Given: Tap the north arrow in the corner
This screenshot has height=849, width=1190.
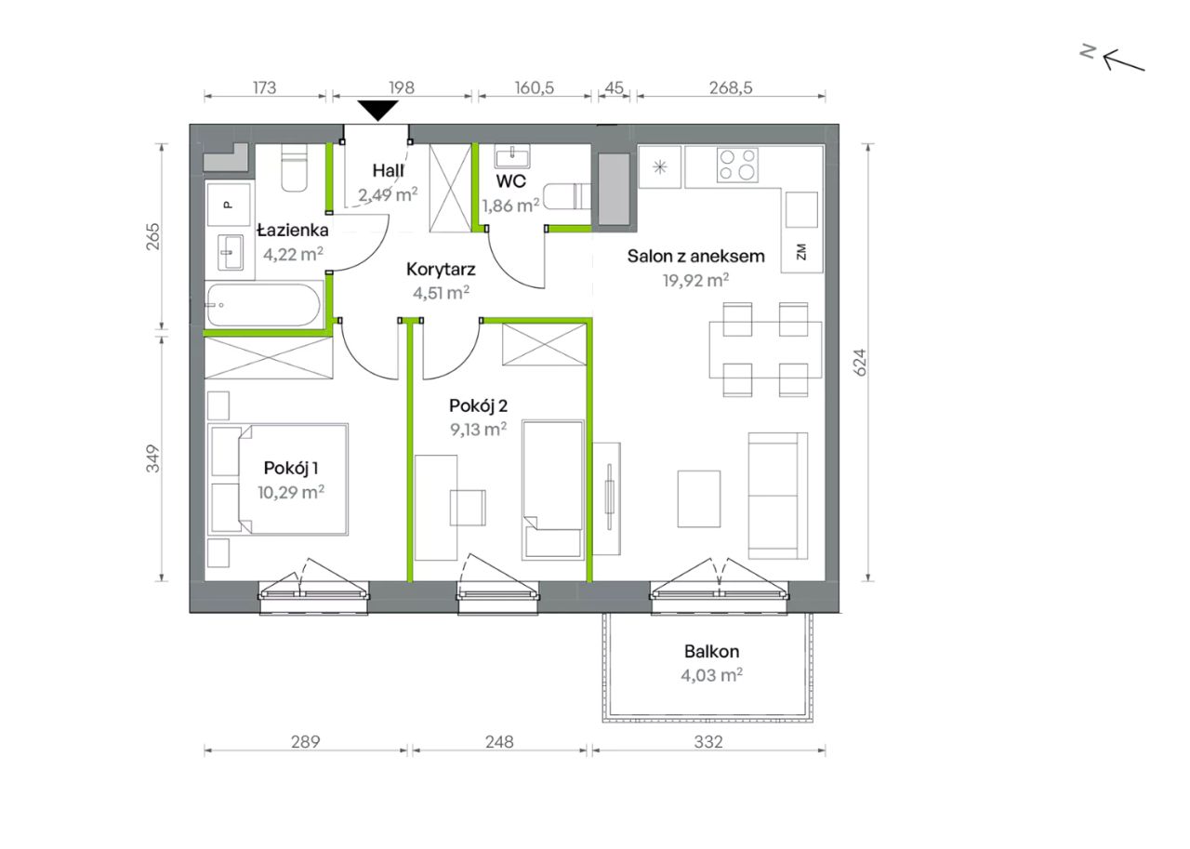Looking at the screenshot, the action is coord(1124,60).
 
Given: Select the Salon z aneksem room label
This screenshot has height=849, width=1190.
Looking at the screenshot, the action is coord(695,256).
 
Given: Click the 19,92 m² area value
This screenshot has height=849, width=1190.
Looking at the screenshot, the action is coord(695,280).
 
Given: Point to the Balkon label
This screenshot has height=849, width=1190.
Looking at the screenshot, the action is coord(711,651).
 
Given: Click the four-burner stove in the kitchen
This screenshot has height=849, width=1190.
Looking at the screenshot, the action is coord(737,165).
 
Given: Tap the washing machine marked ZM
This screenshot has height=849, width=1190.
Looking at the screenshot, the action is coord(801,252).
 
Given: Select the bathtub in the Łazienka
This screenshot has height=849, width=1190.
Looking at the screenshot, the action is coord(264,304).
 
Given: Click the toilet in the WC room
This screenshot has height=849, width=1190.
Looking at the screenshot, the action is coord(567,196).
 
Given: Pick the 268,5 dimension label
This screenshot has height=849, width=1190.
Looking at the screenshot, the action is coord(731,87).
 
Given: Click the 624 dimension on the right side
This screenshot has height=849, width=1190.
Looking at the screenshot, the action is coord(860,363).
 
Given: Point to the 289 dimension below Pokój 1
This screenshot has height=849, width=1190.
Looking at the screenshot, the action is coord(306,742).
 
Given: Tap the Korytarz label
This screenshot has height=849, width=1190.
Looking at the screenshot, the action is coord(441,270).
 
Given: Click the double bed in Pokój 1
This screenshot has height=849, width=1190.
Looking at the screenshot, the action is coord(278,479).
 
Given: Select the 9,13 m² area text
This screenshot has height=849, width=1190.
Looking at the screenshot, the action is coord(478,429).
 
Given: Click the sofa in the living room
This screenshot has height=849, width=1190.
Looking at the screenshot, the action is coord(778,496).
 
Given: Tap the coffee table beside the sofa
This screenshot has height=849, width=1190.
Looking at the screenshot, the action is coord(698,498).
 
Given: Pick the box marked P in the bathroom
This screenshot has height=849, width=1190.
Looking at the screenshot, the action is coord(229,205).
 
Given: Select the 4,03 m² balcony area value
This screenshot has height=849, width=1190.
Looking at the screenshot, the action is coord(711,675).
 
